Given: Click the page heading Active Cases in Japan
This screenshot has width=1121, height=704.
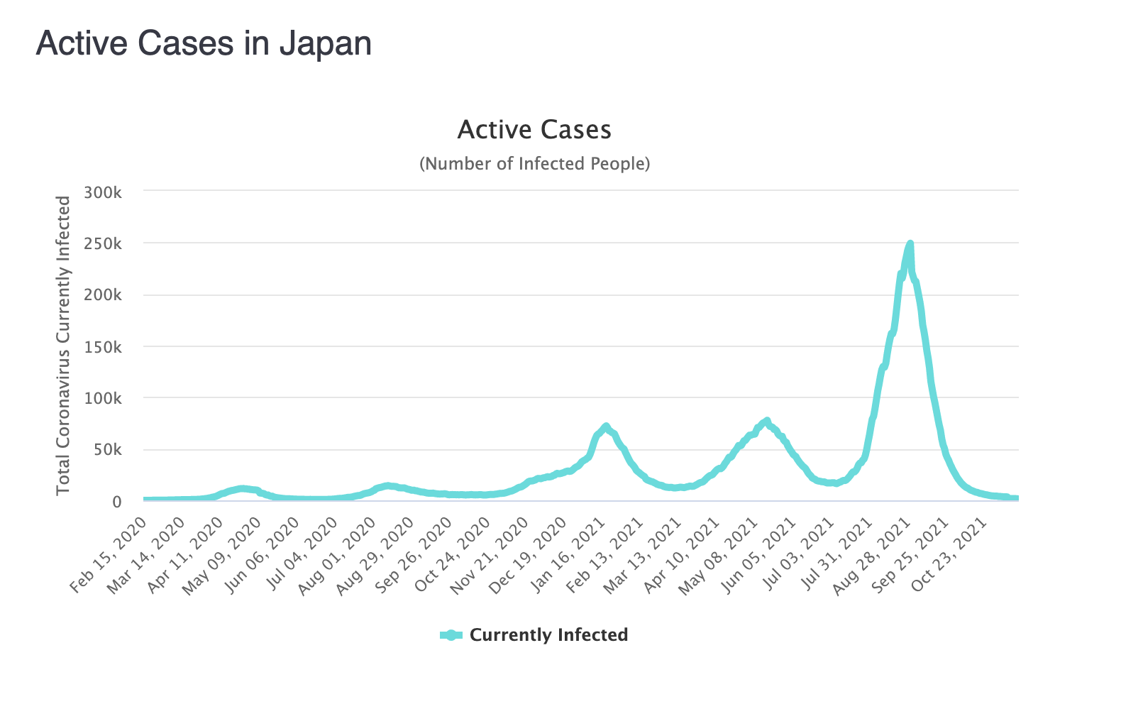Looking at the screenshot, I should (204, 43).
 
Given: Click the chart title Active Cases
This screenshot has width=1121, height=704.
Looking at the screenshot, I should (534, 130).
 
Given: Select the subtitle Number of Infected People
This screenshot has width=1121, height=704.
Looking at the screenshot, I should (534, 164).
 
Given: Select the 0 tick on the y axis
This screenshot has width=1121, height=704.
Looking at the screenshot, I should (116, 502).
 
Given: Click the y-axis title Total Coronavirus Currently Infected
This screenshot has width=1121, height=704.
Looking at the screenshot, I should (64, 346).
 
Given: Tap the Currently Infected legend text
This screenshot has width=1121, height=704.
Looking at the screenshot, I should (548, 635).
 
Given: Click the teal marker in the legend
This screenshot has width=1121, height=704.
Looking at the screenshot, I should (451, 635).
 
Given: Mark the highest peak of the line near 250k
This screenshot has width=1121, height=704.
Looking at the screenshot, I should (910, 244).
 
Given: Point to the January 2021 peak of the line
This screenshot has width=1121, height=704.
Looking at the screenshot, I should (605, 427).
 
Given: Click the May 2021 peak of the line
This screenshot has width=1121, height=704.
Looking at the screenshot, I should (766, 421).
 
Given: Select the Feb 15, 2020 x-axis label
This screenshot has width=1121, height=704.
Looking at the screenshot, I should (110, 554).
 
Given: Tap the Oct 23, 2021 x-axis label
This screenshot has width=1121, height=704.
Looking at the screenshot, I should (950, 554).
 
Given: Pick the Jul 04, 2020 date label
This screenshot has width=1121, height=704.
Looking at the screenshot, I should (299, 554).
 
